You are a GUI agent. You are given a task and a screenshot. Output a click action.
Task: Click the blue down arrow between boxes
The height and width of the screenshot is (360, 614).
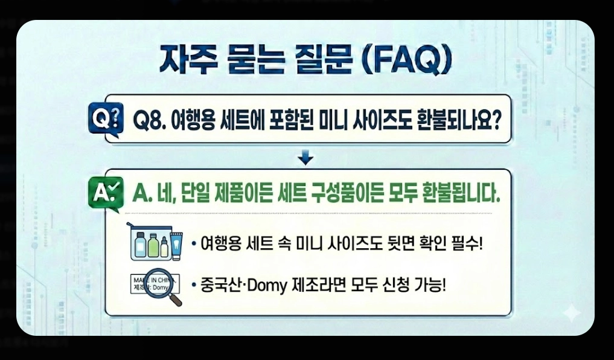coord(307,158)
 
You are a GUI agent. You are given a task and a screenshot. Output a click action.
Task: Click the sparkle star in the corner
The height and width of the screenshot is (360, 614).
coord(571,312)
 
